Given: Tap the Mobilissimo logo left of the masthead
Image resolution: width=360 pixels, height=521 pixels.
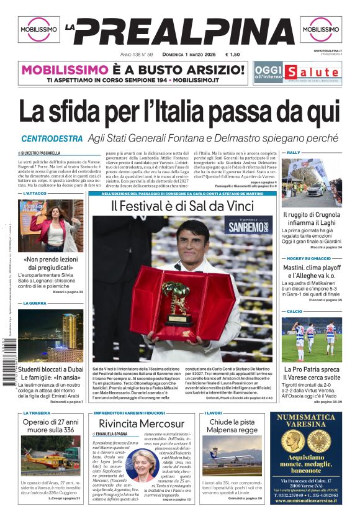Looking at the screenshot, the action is (38, 29).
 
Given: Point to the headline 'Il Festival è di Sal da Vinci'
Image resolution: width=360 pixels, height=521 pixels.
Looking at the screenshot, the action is (182, 206).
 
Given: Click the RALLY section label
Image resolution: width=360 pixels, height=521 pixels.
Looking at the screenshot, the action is (294, 152).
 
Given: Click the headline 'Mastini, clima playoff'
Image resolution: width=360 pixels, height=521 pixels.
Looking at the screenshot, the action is (312, 268).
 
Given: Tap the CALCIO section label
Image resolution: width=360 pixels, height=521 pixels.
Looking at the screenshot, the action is (295, 311).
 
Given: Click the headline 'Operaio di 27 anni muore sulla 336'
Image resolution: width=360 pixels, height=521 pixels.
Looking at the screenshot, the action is (52, 426).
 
